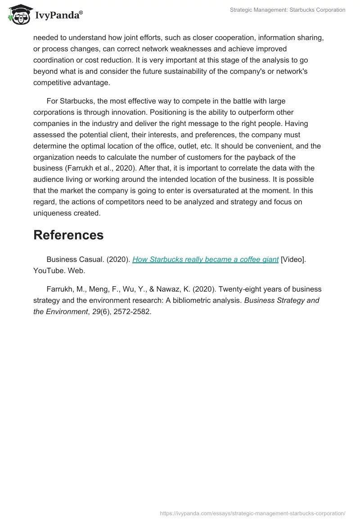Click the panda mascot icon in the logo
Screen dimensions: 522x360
[x=18, y=15]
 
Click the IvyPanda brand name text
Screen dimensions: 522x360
[x=58, y=16]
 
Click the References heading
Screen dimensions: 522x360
[x=68, y=235]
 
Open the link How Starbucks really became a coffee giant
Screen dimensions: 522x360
[x=205, y=260]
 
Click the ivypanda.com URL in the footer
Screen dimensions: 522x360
[x=253, y=513]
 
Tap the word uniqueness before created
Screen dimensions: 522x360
[x=53, y=213]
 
